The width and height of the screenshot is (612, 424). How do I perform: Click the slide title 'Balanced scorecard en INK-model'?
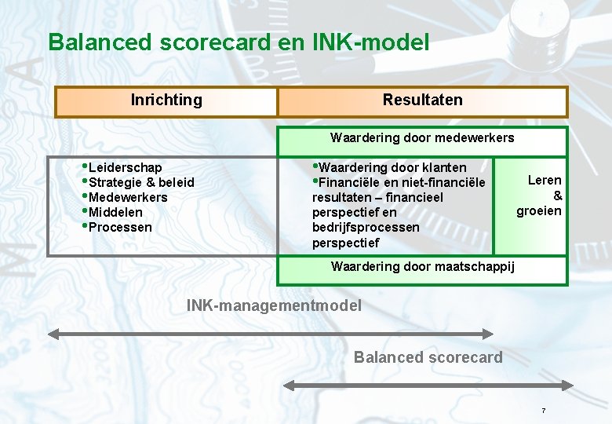click(239, 42)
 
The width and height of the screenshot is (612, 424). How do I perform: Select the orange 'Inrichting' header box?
click(166, 101)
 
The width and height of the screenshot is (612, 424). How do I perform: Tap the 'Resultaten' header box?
click(422, 101)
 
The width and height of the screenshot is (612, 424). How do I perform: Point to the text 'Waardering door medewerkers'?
click(422, 138)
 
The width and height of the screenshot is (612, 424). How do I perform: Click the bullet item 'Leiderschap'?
click(126, 167)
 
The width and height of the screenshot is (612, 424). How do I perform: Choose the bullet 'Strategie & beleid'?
click(141, 182)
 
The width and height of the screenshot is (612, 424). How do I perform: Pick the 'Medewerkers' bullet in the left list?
click(128, 197)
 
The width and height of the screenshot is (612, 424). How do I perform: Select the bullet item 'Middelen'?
click(115, 212)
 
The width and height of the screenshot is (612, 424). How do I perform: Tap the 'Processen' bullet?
click(120, 227)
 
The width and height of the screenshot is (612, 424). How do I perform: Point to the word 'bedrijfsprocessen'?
click(366, 227)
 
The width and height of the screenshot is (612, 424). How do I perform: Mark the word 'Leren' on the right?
click(545, 181)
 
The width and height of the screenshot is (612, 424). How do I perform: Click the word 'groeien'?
click(539, 210)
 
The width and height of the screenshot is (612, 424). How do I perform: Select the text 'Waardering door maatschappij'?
click(423, 266)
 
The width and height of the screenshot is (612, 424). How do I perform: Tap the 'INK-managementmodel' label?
click(274, 305)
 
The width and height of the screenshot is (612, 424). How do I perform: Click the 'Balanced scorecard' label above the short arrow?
click(428, 358)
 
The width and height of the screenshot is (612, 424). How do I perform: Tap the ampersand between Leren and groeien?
click(557, 196)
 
